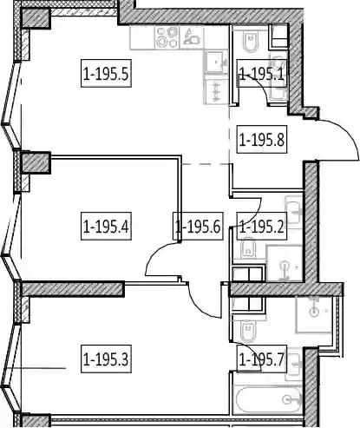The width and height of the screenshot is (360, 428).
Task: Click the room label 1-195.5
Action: click(x=106, y=73)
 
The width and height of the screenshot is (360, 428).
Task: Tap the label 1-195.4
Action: click(x=106, y=226)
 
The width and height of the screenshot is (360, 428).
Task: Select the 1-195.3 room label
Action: click(x=106, y=359)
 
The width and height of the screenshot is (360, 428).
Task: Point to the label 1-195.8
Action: click(x=262, y=139)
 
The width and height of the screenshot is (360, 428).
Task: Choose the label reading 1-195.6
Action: click(x=198, y=226)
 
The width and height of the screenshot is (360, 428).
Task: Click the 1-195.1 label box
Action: click(x=262, y=73)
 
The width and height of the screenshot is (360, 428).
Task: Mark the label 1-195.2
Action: click(x=262, y=226)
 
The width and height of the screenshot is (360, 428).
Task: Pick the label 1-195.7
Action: click(x=262, y=359)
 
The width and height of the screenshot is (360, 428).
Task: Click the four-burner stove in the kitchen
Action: click(x=167, y=37)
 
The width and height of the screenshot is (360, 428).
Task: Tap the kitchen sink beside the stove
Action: click(x=192, y=37)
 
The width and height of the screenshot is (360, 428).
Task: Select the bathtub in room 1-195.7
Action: click(x=269, y=400)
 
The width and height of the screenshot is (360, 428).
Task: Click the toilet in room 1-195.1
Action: click(x=250, y=43)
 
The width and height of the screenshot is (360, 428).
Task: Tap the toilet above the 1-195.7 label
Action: click(x=248, y=331)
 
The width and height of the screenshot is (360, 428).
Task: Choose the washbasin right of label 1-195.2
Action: click(x=293, y=209)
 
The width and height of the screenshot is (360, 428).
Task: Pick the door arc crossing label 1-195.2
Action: click(x=254, y=217)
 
